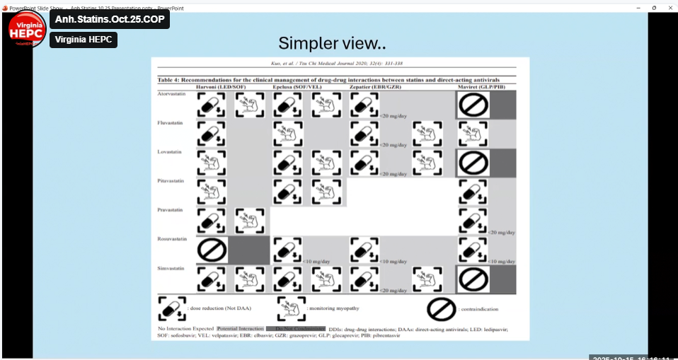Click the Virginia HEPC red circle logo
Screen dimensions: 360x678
coord(27,29)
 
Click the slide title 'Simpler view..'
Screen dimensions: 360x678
coord(332,43)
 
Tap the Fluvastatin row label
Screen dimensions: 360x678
coord(171,123)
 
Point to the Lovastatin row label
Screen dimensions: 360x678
coord(170,152)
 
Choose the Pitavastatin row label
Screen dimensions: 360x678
coord(171,181)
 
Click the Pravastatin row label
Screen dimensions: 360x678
coord(171,210)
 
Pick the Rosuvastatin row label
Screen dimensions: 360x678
coord(172,239)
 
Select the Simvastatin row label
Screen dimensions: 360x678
coord(171,268)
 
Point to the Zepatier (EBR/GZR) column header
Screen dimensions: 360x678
coord(375,86)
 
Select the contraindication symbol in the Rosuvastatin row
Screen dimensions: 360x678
coord(212,250)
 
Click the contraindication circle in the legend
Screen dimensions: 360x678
coord(440,309)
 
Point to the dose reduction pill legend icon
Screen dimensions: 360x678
coord(171,309)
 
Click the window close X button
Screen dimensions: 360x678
coord(669,7)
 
